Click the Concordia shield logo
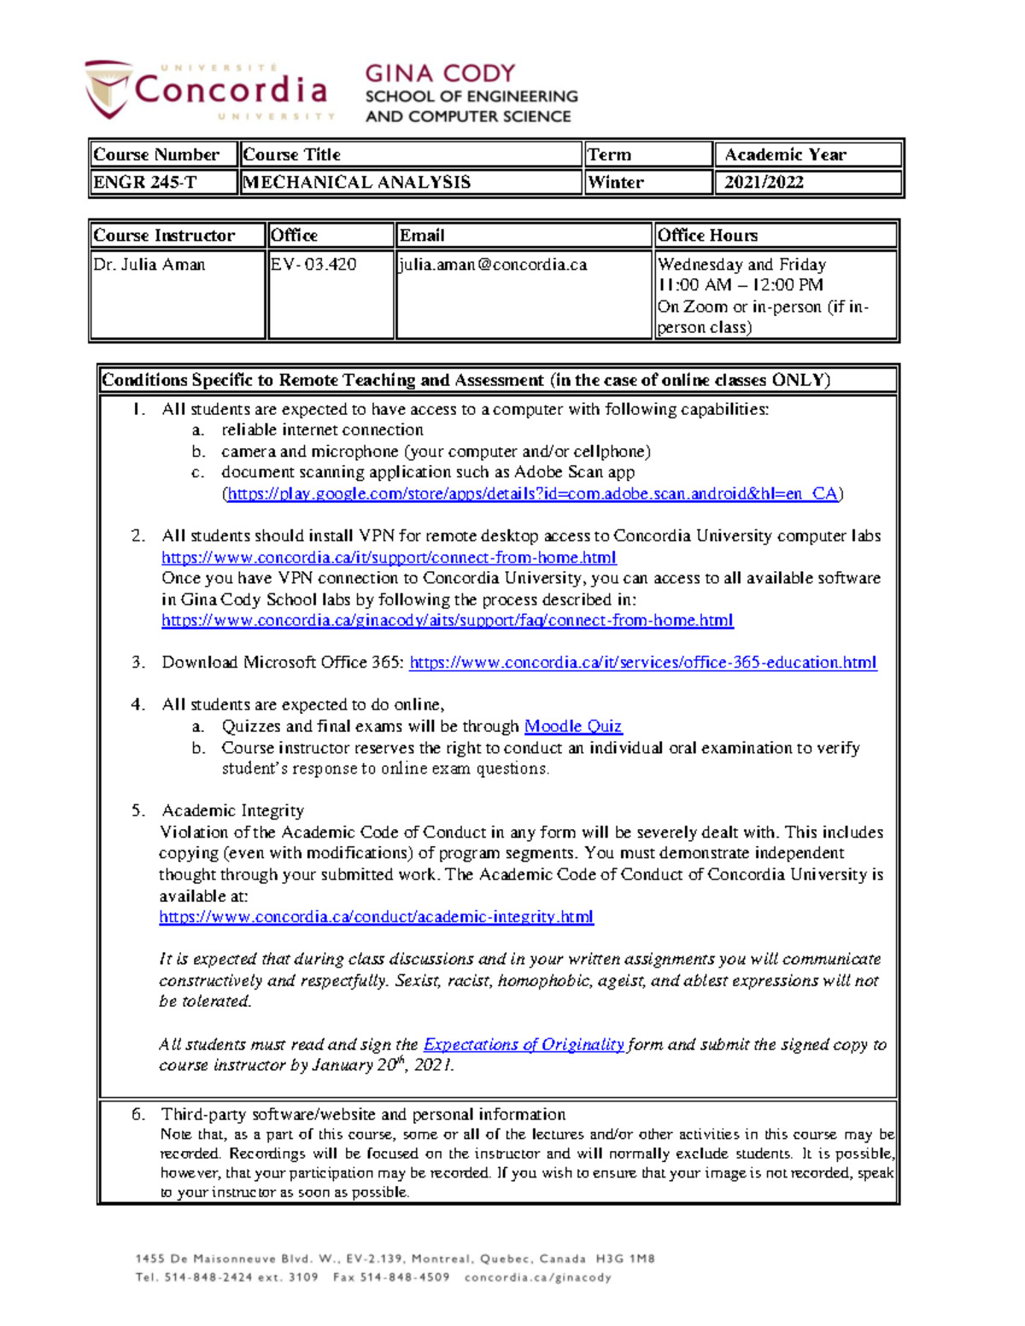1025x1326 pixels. [108, 88]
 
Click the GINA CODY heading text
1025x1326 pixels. [440, 73]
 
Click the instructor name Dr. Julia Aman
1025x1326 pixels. [149, 265]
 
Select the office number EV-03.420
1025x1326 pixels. [313, 265]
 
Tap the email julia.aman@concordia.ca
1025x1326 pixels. [494, 265]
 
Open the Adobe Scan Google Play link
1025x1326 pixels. [532, 494]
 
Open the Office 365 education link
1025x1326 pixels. [642, 663]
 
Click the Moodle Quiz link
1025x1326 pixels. [572, 727]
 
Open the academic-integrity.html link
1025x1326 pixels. [376, 917]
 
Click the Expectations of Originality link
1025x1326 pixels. [523, 1044]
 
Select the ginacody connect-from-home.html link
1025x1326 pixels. [447, 621]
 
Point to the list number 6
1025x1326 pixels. [138, 1114]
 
